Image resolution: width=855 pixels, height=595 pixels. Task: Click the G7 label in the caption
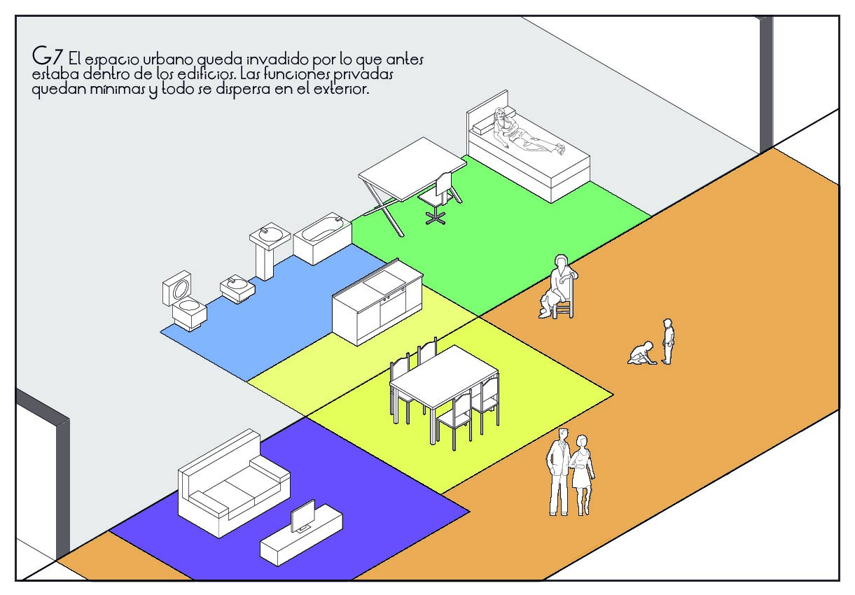tap(48, 57)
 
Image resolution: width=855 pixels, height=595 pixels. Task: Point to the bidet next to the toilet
tap(238, 288)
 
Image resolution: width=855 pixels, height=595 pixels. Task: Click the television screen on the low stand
tap(303, 517)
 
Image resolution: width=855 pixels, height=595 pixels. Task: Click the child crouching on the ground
tap(641, 353)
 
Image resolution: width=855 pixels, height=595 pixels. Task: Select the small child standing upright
tap(668, 341)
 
